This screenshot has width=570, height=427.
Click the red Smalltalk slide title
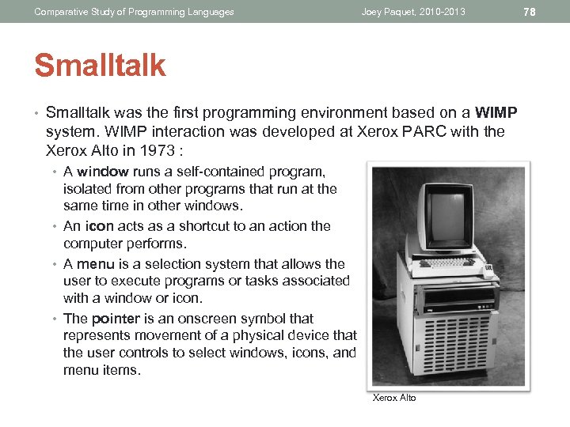(x=100, y=66)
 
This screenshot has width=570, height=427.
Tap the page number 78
(x=530, y=11)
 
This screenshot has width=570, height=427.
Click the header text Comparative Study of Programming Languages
(x=134, y=12)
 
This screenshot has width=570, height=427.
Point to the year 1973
(x=159, y=150)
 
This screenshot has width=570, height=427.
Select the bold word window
(x=102, y=172)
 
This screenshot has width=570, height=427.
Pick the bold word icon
(x=96, y=226)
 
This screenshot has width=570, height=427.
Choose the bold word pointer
(x=115, y=319)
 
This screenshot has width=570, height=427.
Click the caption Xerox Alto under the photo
(x=393, y=398)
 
